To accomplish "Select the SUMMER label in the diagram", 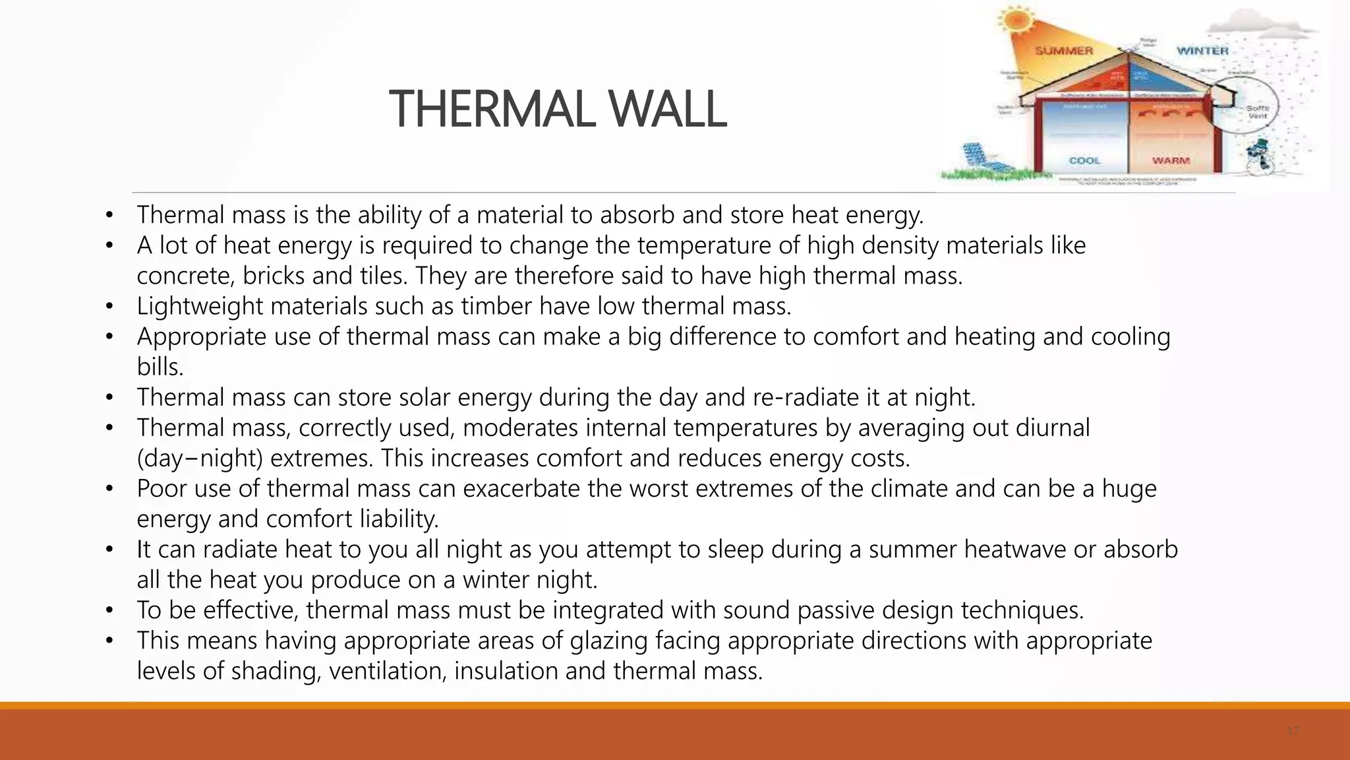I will tap(1064, 51).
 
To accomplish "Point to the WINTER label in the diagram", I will tap(1202, 51).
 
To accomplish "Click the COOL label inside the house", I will tap(1084, 160).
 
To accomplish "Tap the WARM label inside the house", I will tap(1171, 160).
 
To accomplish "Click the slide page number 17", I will tap(1292, 731).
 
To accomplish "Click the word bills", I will tap(160, 367).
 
